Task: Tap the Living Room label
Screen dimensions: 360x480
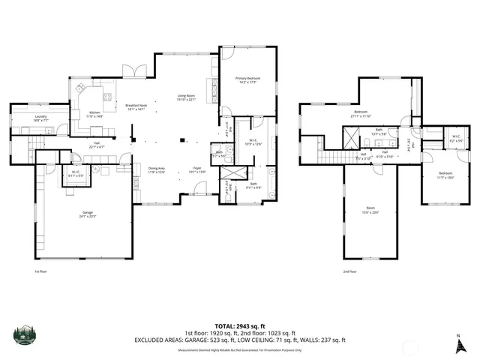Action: click(x=186, y=97)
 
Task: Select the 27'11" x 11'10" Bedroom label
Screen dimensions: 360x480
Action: click(x=361, y=115)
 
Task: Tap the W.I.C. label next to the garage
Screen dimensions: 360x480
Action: click(x=76, y=174)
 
